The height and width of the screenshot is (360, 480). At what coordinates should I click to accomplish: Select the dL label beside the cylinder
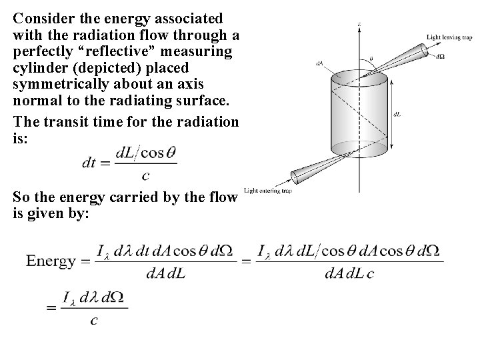click(398, 114)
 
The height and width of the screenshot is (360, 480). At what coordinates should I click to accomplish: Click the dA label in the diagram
click(321, 63)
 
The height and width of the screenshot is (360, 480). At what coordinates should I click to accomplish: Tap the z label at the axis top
click(359, 24)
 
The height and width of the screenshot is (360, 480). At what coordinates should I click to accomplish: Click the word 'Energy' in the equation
click(51, 261)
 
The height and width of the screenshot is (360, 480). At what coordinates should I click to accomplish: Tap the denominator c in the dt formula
click(145, 175)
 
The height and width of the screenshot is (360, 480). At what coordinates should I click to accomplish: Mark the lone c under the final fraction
click(94, 321)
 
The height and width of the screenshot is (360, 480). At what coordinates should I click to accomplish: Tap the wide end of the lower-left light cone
click(294, 177)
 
